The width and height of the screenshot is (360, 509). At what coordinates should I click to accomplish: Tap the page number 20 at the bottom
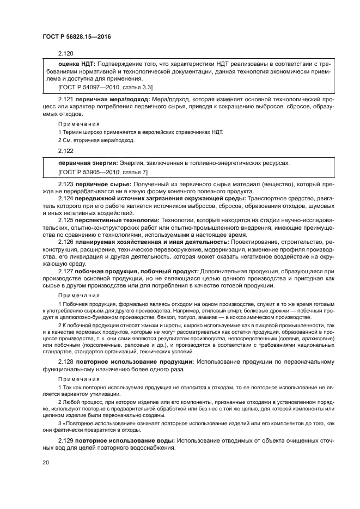[46, 462]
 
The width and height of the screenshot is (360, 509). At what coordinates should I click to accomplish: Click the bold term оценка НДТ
[77, 64]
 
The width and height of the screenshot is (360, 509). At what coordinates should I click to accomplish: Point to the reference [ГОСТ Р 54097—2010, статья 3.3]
[105, 87]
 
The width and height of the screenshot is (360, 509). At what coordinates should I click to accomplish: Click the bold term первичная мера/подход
[111, 100]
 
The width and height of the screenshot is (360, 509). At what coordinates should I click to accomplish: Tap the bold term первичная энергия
[87, 163]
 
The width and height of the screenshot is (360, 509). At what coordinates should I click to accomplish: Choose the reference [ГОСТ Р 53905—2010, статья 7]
[102, 172]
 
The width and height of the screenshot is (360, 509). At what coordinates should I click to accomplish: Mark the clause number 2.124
[65, 199]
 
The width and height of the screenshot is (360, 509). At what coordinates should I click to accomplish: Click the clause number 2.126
[65, 241]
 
